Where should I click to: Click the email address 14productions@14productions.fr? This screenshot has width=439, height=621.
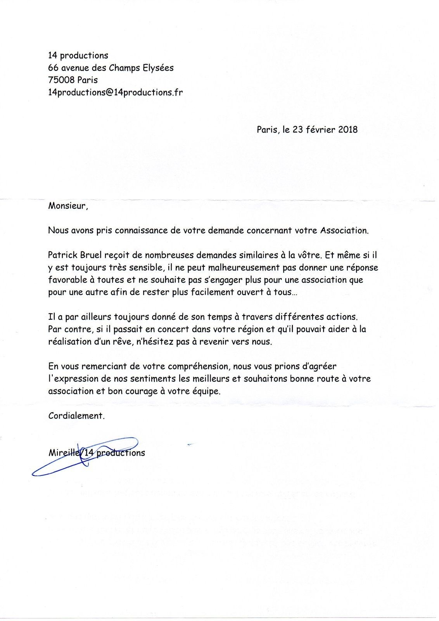pos(115,92)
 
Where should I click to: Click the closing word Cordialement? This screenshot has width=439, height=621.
pos(76,416)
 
